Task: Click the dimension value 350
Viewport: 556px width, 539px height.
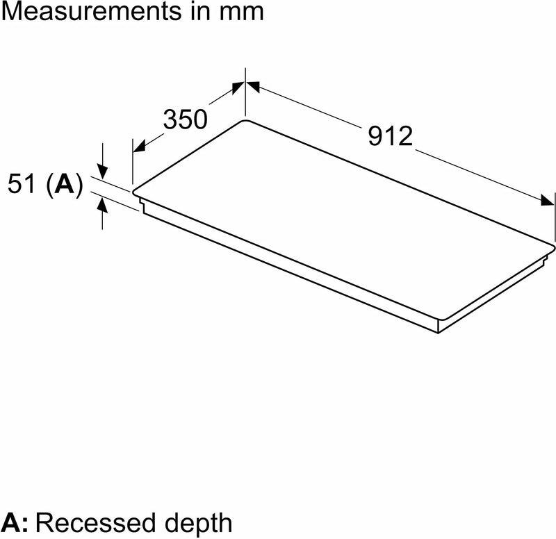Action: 186,119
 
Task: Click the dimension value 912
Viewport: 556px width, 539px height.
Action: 390,137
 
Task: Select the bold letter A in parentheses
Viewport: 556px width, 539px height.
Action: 65,184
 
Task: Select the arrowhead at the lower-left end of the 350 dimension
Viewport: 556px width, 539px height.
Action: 138,147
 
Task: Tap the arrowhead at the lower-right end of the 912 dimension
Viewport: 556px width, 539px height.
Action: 548,201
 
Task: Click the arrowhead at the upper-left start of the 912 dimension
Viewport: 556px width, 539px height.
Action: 252,87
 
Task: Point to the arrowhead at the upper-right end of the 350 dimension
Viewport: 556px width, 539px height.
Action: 236,88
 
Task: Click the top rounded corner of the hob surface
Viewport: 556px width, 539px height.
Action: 245,122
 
